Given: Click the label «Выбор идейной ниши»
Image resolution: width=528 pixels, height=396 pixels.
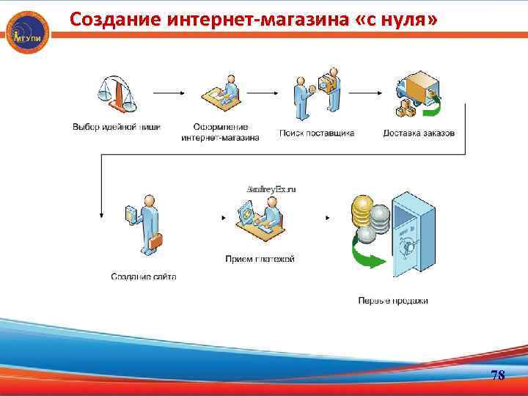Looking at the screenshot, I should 117,126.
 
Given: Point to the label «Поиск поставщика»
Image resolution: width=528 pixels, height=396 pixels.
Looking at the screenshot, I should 317,133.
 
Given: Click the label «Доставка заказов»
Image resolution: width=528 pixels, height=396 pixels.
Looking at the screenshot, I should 419,133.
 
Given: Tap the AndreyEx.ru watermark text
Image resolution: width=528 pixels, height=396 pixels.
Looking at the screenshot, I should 271,188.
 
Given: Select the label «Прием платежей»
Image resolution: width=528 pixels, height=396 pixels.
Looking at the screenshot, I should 260,259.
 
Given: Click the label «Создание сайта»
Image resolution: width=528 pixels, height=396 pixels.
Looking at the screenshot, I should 144,276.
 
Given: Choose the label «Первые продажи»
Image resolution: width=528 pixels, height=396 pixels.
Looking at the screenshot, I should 393,300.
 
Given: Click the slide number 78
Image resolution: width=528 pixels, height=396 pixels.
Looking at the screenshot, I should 498,375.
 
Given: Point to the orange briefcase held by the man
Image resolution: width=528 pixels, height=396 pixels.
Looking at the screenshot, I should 157,241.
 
